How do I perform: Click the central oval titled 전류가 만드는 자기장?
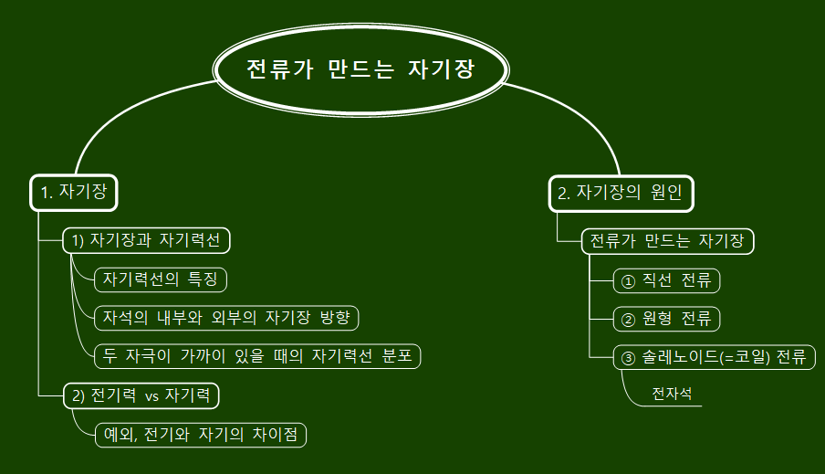tap(360, 70)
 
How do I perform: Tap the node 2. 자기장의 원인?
tap(621, 193)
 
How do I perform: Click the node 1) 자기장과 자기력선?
tap(146, 240)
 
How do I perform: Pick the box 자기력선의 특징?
tap(160, 279)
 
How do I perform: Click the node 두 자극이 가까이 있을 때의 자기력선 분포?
tap(257, 356)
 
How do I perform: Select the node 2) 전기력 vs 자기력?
tap(141, 396)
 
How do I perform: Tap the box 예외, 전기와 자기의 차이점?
tap(200, 435)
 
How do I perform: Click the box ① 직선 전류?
tap(667, 280)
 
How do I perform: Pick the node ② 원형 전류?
tap(667, 320)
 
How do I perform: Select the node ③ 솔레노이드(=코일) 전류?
tap(714, 357)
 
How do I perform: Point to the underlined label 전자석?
tap(672, 395)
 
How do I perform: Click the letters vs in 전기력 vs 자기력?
tap(152, 396)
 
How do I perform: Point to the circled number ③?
tap(627, 358)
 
